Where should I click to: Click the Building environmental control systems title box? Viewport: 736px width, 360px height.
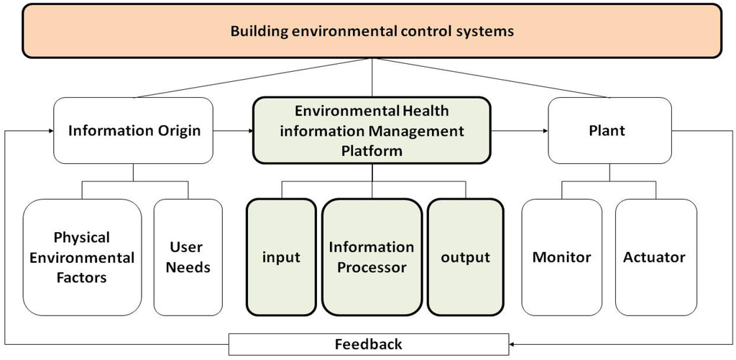coord(372,31)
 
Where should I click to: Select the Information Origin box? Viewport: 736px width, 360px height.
coord(134,131)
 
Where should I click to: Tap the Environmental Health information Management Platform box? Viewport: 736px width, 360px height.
coord(372,131)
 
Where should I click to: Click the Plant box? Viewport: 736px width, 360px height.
coord(610,131)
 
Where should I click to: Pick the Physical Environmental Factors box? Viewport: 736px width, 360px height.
coord(82,257)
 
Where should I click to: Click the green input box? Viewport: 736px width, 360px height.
coord(281,257)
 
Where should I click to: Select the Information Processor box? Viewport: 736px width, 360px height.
coord(372,257)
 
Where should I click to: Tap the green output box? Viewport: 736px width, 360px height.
coord(465,257)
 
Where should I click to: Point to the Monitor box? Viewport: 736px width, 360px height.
coord(561,257)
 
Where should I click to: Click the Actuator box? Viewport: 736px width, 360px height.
coord(655,257)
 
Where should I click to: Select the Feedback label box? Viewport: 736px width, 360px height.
coord(369,344)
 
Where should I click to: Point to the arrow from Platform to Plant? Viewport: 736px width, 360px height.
coord(519,131)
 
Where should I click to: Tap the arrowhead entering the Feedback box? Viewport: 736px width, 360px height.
coord(513,344)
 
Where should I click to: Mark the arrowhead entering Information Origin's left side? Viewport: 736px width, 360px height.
coord(50,131)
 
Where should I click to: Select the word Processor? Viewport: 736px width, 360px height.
coord(372,267)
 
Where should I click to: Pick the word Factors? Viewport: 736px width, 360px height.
coord(82,277)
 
